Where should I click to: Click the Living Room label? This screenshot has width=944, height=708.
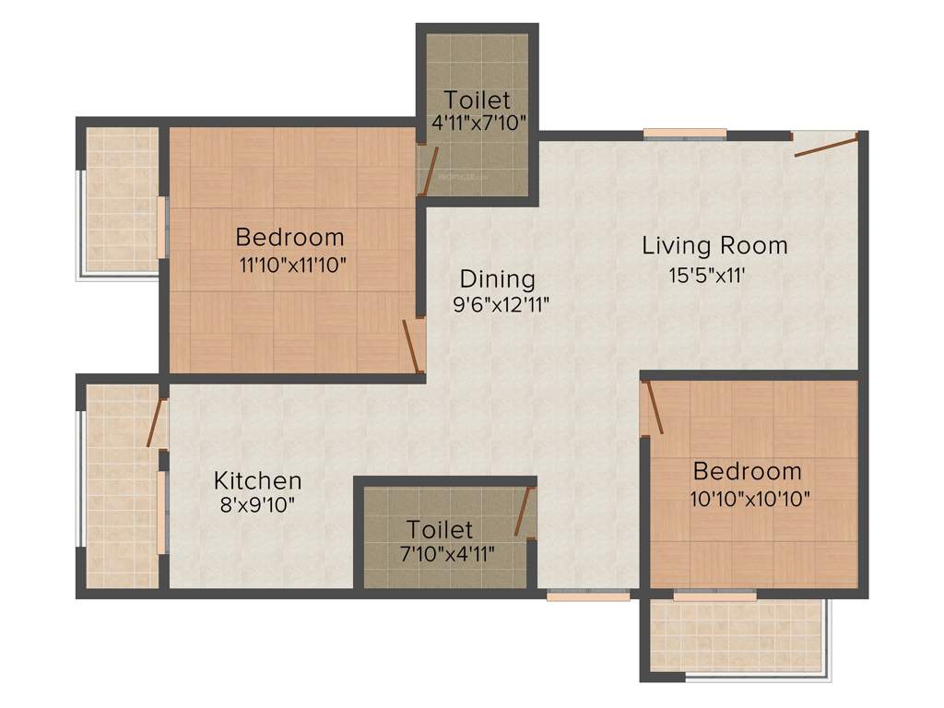[714, 246]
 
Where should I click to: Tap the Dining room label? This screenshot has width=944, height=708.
[497, 278]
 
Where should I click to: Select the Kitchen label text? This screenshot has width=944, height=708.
[257, 480]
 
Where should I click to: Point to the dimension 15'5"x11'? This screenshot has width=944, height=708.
[714, 275]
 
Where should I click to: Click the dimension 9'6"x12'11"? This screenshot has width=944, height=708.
[501, 306]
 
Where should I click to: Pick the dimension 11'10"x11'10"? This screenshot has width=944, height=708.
[292, 265]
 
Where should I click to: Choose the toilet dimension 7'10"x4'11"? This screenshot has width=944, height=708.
[442, 554]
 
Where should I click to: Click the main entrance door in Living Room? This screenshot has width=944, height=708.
[825, 144]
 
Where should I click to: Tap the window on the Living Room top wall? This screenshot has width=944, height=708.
[684, 135]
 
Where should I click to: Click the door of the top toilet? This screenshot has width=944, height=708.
[425, 171]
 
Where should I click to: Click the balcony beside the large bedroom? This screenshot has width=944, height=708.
[121, 199]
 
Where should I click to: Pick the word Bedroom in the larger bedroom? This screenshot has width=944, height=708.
[289, 237]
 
